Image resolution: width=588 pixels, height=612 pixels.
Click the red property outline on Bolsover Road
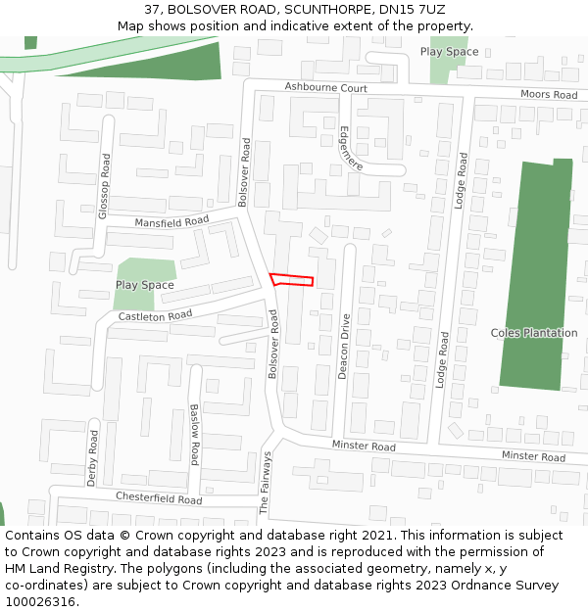point(292,280)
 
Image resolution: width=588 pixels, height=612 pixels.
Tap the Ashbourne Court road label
point(326,88)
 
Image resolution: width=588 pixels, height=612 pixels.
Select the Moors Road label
point(549,95)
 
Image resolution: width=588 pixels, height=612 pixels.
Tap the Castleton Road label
point(155,316)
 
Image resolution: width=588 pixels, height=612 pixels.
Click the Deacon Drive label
point(344,347)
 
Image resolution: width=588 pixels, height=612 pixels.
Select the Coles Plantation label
point(534,333)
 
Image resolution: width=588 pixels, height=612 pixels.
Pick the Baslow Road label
point(195,434)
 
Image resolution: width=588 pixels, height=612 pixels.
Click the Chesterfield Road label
point(159,498)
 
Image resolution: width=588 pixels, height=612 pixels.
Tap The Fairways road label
point(264,484)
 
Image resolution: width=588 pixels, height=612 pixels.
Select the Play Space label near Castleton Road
point(145,285)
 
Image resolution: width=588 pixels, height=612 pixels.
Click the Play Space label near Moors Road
point(449,52)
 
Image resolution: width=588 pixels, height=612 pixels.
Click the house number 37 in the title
point(151,9)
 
